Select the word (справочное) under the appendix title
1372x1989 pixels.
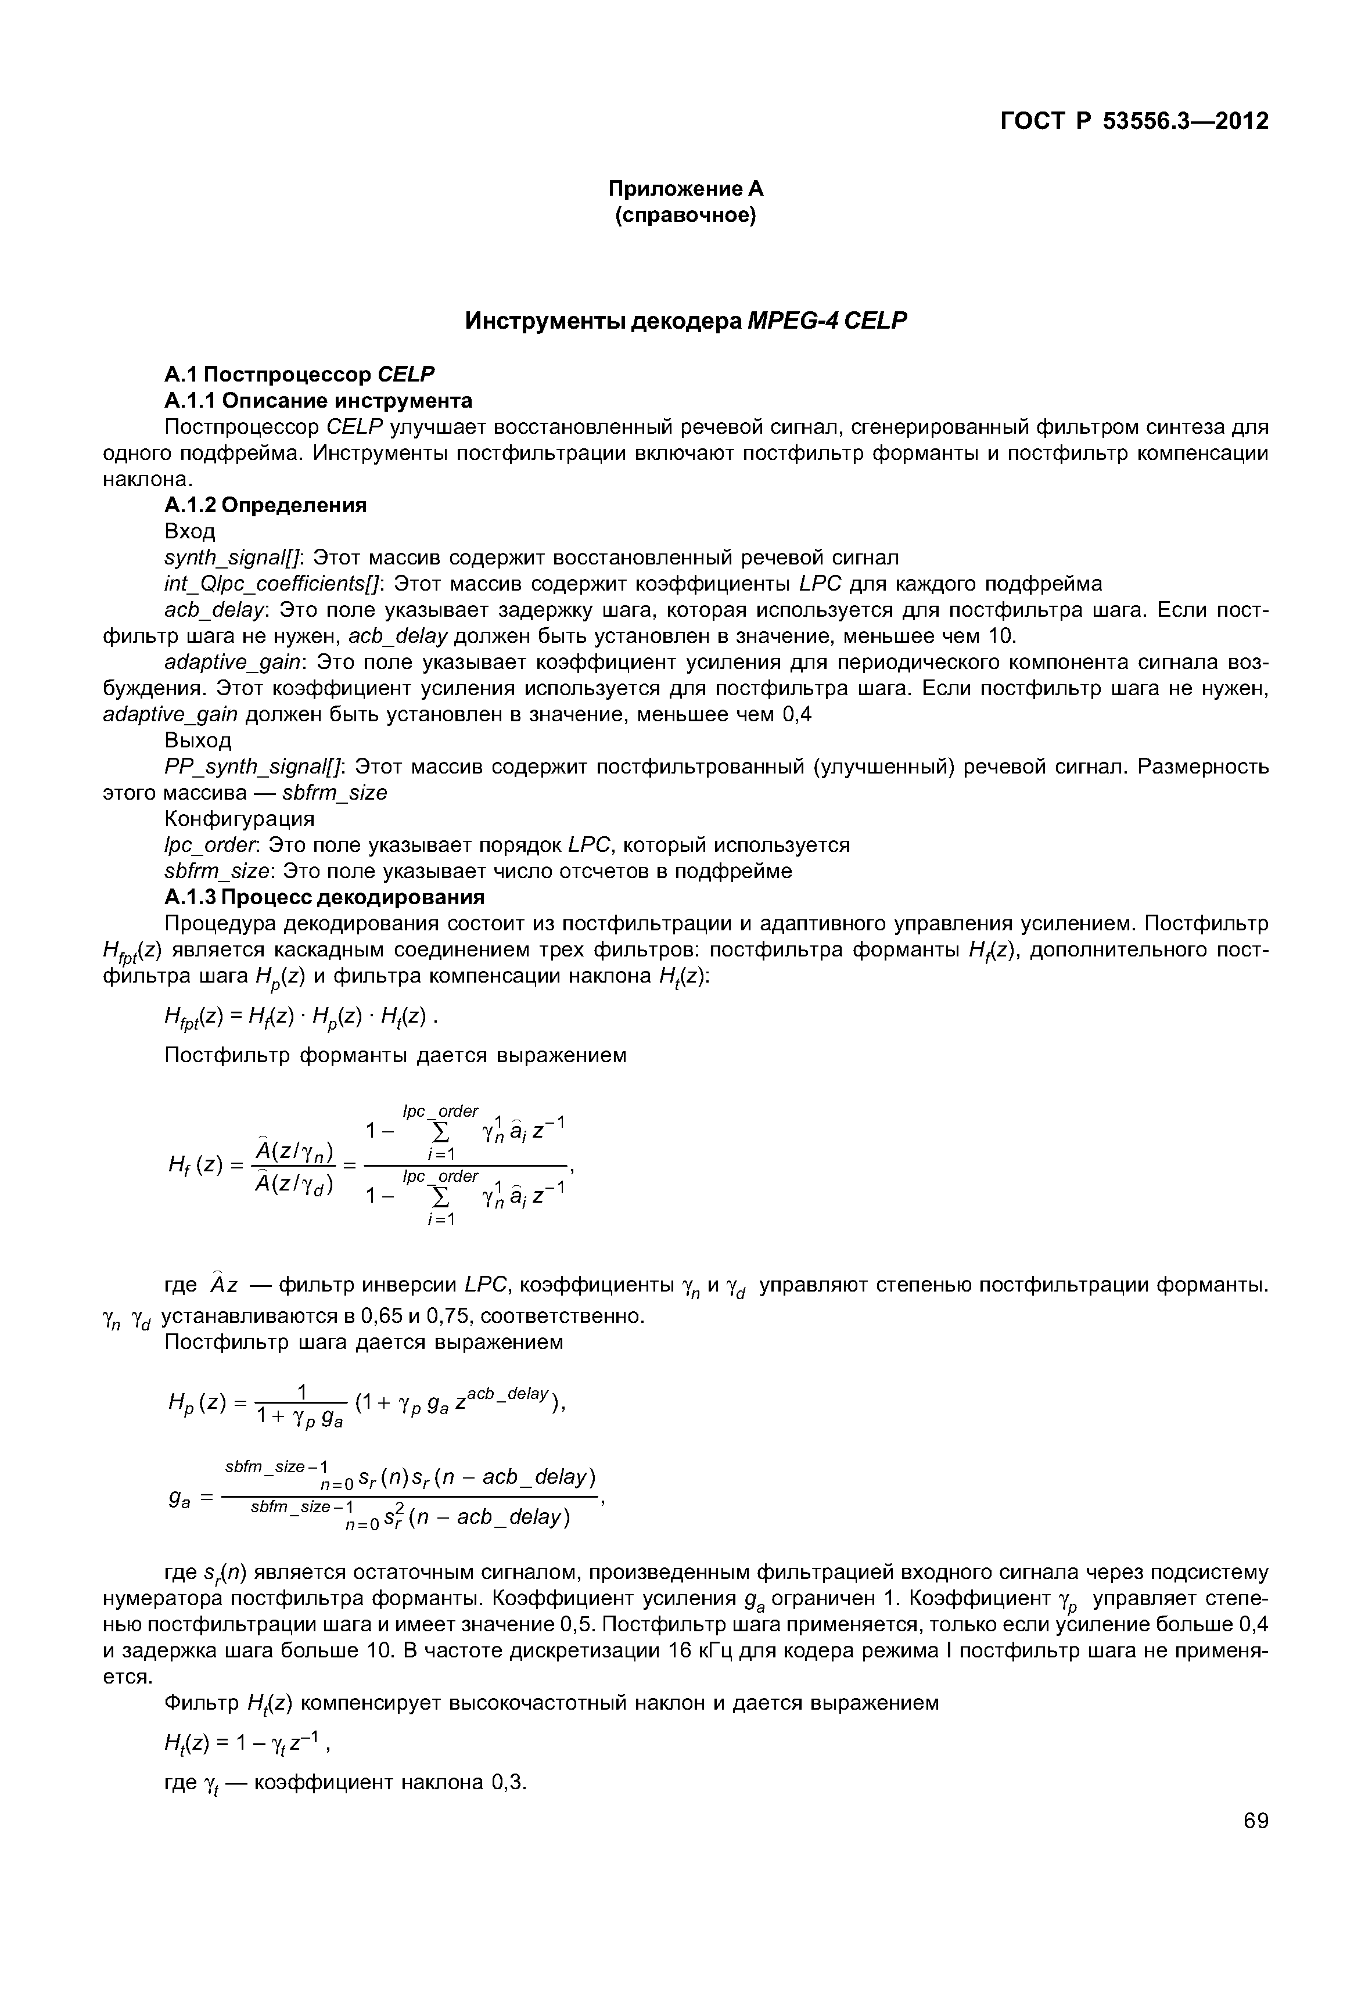pyautogui.click(x=685, y=216)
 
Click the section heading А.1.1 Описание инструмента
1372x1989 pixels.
pyautogui.click(x=318, y=401)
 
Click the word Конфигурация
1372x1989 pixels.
pyautogui.click(x=239, y=818)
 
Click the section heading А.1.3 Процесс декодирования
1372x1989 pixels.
pyautogui.click(x=324, y=897)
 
